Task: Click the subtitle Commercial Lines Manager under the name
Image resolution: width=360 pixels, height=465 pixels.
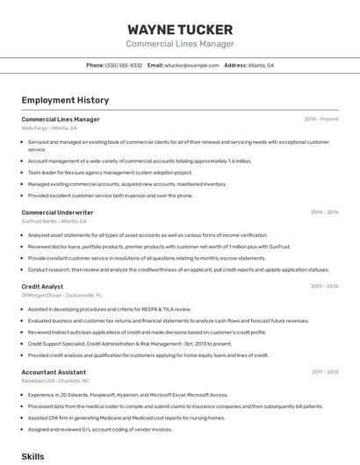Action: tap(179, 44)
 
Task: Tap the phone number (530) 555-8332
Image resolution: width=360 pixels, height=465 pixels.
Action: tap(124, 66)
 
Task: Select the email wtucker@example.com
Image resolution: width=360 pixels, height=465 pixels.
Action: tap(191, 66)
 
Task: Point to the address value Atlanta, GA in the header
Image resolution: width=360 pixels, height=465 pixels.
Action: tap(261, 66)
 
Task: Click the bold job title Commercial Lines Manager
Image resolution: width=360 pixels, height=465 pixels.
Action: tap(61, 119)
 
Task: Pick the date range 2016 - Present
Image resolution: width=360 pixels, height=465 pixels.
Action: tap(320, 119)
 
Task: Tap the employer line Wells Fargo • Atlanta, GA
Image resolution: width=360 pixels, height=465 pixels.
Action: tap(49, 128)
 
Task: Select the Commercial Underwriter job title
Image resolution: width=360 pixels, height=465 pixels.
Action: tap(57, 212)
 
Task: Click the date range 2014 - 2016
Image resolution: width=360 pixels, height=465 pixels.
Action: tap(324, 212)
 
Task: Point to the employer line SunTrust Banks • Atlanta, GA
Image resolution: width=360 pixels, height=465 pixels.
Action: tap(54, 221)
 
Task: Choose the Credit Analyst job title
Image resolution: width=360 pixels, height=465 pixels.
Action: tap(42, 286)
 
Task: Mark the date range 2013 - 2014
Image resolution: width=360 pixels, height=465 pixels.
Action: tap(324, 286)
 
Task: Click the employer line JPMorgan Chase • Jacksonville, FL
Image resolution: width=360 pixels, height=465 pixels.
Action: tap(61, 296)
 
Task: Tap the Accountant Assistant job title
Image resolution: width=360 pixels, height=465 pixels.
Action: tap(54, 372)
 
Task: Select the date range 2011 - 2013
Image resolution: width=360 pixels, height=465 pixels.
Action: tap(324, 372)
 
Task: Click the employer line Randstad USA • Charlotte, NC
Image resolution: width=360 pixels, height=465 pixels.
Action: tap(55, 381)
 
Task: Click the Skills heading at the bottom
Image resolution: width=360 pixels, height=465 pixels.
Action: tap(32, 456)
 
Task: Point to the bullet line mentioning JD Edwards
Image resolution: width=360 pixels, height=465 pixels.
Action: tap(127, 395)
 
